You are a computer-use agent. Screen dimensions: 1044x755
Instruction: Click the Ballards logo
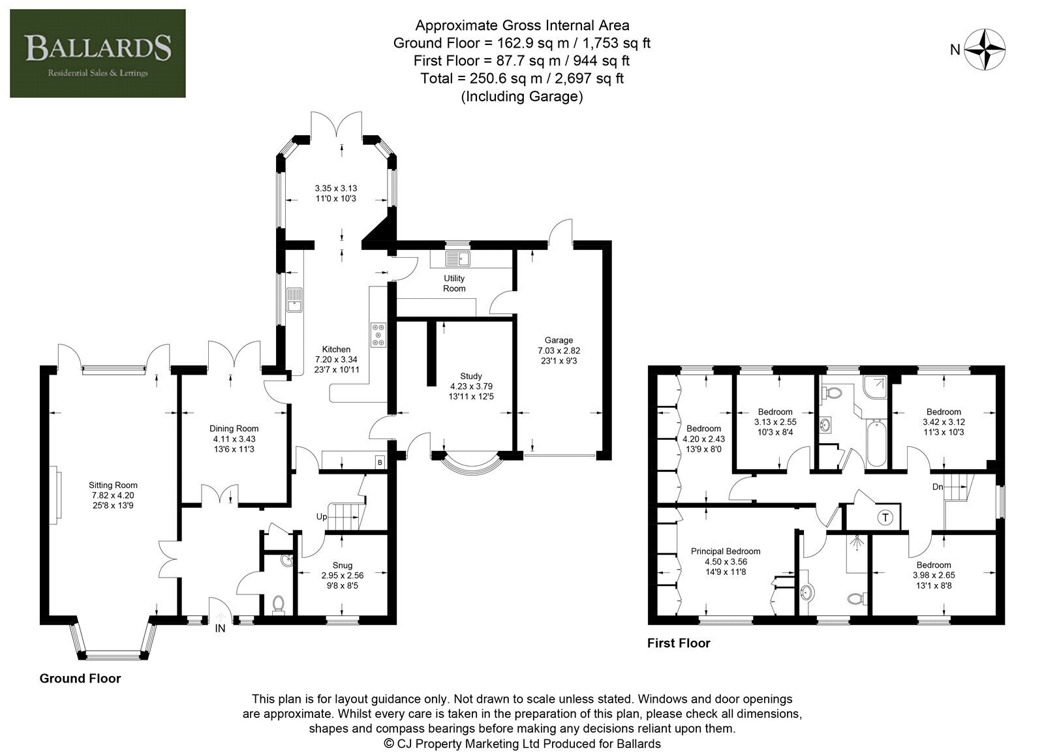pos(97,53)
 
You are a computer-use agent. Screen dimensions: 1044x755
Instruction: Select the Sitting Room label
pos(113,485)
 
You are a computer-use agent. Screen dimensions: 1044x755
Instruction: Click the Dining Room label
pos(234,428)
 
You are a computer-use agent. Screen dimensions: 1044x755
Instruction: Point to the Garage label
pos(559,340)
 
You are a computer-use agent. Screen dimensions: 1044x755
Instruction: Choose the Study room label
pos(470,376)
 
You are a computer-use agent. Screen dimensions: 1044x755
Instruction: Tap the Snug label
pos(343,565)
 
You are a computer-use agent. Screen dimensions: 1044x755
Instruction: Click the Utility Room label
pos(454,283)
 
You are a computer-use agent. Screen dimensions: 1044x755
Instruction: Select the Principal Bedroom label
pos(726,551)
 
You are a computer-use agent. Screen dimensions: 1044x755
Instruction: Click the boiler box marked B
pos(380,462)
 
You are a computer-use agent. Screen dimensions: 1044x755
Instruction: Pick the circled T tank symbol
pos(885,517)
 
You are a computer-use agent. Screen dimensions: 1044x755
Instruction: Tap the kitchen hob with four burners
pos(378,335)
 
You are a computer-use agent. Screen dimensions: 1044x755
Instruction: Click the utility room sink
pos(457,258)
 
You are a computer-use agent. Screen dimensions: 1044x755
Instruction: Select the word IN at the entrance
pos(220,628)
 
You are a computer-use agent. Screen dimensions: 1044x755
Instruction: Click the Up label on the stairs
pos(322,517)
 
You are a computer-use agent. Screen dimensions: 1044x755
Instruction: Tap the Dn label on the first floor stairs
pos(938,487)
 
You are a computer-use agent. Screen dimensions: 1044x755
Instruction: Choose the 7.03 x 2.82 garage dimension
pos(559,350)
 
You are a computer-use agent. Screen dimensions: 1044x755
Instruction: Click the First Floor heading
pos(679,643)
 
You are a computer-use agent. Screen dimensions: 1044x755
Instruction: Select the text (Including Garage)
pos(522,97)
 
